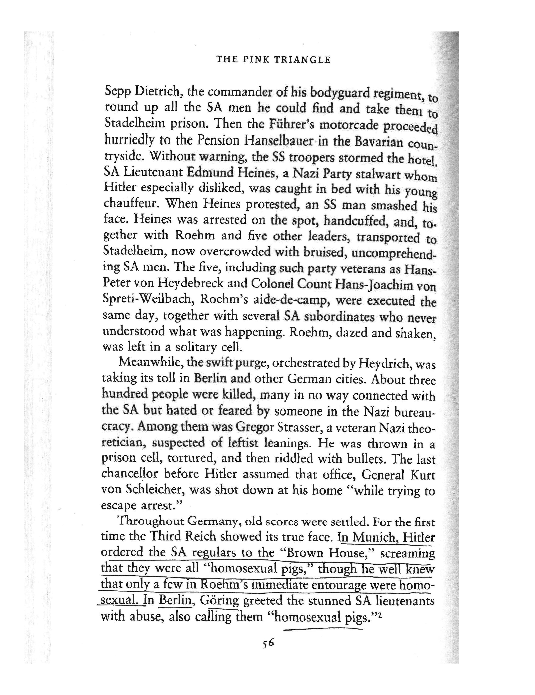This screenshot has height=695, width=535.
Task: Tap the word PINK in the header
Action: click(255, 59)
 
